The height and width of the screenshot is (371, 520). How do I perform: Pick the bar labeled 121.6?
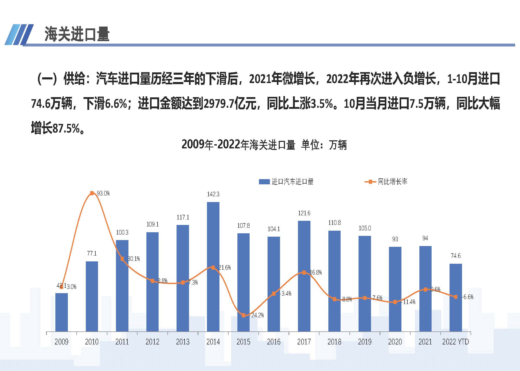click(x=304, y=276)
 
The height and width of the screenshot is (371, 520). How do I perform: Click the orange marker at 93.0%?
click(x=92, y=193)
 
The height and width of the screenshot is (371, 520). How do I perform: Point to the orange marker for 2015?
click(x=243, y=315)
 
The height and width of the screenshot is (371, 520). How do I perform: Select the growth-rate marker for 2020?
click(x=395, y=302)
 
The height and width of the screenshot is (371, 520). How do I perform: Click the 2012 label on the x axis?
click(x=152, y=342)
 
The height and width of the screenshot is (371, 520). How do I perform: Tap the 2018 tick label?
click(x=334, y=342)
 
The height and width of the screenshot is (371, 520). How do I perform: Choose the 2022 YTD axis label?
click(x=456, y=342)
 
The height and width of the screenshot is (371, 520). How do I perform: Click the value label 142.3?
click(x=213, y=194)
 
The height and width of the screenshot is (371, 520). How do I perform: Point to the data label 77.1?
click(x=92, y=254)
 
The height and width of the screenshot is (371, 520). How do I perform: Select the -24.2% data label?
click(x=257, y=315)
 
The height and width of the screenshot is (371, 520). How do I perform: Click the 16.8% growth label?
click(x=316, y=273)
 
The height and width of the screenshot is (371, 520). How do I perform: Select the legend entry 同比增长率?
click(x=393, y=182)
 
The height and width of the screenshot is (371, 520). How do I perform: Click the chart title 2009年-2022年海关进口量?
click(x=238, y=145)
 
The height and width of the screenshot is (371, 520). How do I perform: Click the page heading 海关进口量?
click(x=77, y=34)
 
